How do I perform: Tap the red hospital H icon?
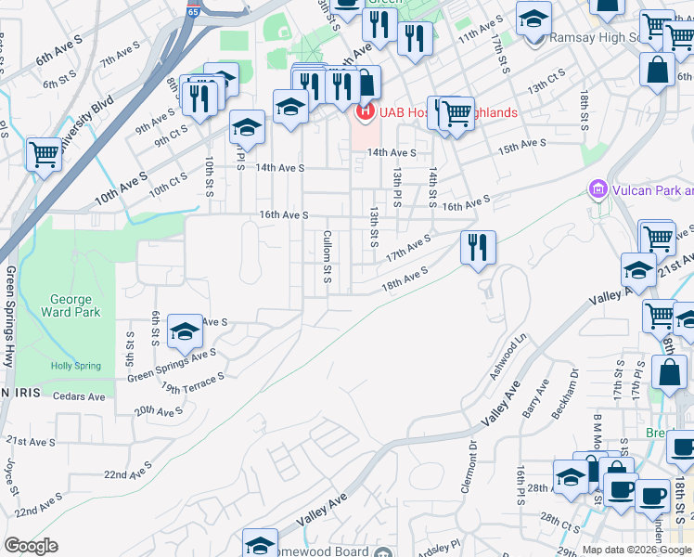(365, 112)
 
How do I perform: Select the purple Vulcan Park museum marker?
(598, 191)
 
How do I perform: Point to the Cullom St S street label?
(327, 256)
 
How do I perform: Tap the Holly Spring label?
(73, 366)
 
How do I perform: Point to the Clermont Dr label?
(473, 468)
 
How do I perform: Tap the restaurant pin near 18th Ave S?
(478, 248)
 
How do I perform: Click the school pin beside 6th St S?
(185, 331)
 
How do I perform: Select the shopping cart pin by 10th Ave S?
(44, 155)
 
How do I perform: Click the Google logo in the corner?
(31, 546)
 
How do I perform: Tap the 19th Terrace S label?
(193, 383)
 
